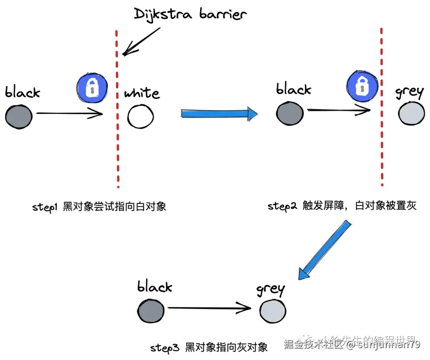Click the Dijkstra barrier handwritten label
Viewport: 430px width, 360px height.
(190, 15)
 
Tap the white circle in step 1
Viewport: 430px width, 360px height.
(141, 116)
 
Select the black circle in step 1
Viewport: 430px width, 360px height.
(19, 116)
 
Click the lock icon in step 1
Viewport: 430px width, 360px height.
(92, 88)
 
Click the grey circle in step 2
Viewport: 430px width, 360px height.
(411, 113)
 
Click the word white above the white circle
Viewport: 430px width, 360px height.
(142, 93)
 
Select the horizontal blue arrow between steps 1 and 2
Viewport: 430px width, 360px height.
(219, 113)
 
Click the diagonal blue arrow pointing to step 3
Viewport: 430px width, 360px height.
(324, 251)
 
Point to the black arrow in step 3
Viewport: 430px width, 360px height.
(209, 307)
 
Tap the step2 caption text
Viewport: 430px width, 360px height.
(342, 206)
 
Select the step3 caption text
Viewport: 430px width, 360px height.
(209, 347)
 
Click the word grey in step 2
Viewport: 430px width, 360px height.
(409, 92)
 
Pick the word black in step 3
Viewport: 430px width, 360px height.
(154, 286)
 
